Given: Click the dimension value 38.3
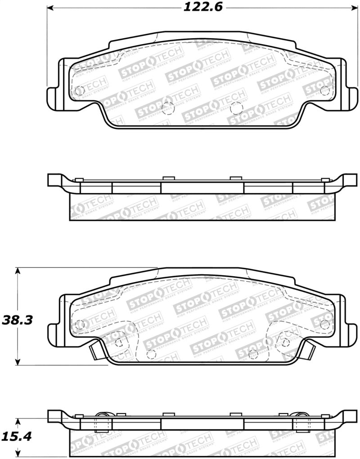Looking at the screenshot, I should [x=17, y=320].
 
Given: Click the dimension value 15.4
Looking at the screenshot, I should [x=17, y=436].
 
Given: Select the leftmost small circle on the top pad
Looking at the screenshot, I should [x=79, y=90].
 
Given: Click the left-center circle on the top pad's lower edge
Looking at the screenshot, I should [x=167, y=107].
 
